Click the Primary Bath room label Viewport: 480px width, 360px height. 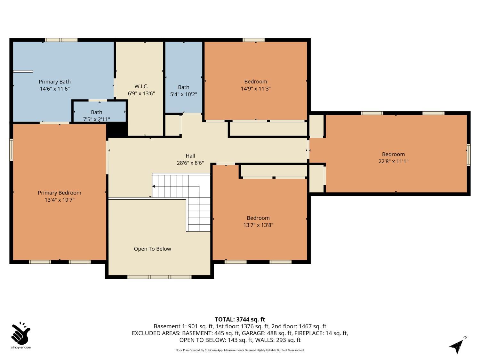pyautogui.click(x=55, y=82)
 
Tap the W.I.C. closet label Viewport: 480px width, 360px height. pyautogui.click(x=141, y=86)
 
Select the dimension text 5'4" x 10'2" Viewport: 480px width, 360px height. pyautogui.click(x=183, y=94)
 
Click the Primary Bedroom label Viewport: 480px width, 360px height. pyautogui.click(x=60, y=193)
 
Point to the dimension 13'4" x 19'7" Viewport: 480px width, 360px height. pyautogui.click(x=60, y=200)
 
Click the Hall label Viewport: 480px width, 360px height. pyautogui.click(x=190, y=156)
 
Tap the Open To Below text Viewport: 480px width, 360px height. pyautogui.click(x=152, y=249)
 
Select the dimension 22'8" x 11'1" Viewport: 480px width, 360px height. pyautogui.click(x=393, y=161)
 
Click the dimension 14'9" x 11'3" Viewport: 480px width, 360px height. pyautogui.click(x=256, y=89)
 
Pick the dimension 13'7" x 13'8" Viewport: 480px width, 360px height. pyautogui.click(x=258, y=225)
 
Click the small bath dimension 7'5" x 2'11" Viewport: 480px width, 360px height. pyautogui.click(x=97, y=119)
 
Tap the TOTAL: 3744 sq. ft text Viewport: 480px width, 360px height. pyautogui.click(x=240, y=319)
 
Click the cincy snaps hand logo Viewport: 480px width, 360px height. pyautogui.click(x=20, y=334)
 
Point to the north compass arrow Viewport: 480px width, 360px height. pyautogui.click(x=457, y=346)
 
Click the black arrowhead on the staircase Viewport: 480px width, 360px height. pyautogui.click(x=154, y=186)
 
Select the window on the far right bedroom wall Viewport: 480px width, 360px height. pyautogui.click(x=468, y=155)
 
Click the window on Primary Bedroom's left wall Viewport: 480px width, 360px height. pyautogui.click(x=11, y=149)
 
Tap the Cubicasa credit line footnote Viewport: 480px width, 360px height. pyautogui.click(x=240, y=350)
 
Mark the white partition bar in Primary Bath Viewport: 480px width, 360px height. pyautogui.click(x=23, y=71)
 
